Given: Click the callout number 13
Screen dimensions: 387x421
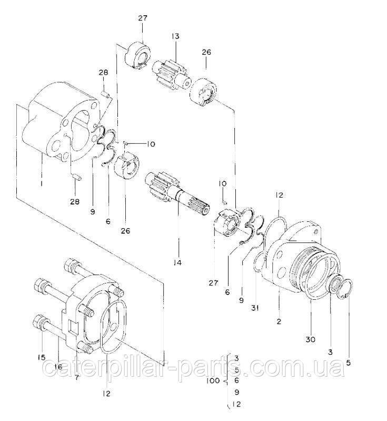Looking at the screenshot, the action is point(175,36).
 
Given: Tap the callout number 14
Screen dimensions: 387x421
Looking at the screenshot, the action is point(177,262).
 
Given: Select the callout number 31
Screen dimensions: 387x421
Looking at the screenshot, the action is point(255,308).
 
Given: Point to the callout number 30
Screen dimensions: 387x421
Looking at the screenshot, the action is point(311,340).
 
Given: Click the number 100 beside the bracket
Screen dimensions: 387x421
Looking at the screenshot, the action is point(213,380).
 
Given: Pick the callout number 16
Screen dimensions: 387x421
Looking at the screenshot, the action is point(58,367).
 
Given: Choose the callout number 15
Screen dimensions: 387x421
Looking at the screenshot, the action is point(42,357).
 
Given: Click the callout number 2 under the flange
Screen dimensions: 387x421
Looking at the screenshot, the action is point(279,321).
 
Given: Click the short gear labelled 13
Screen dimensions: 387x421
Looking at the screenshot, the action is point(171,75).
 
